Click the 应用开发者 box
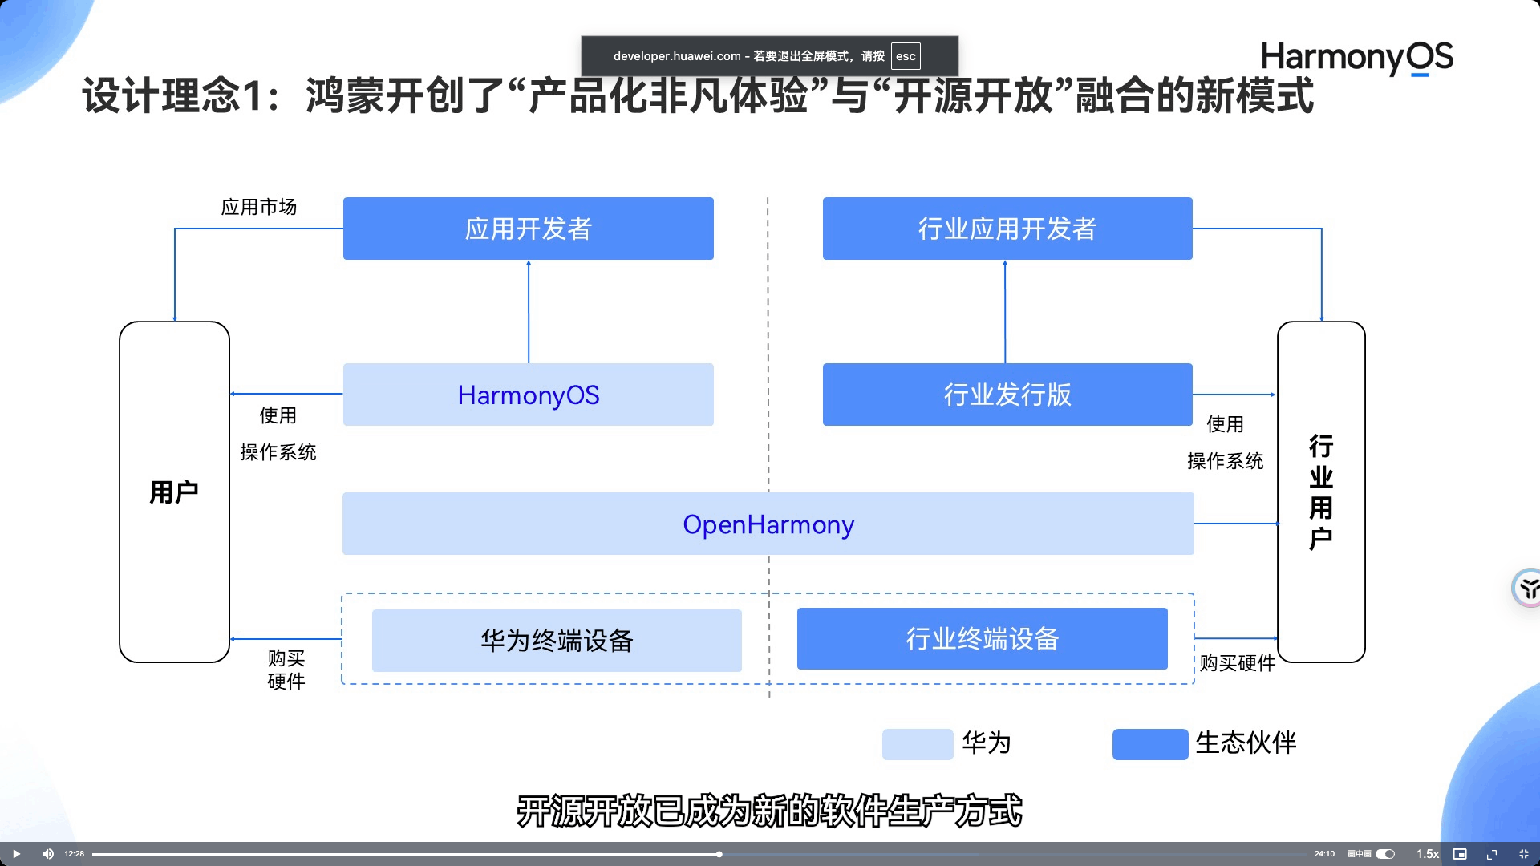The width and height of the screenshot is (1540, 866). point(528,229)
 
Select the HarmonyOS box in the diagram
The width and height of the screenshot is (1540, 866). point(528,395)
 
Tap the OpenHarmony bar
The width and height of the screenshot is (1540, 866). point(768,524)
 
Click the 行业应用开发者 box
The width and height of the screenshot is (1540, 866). point(1007,229)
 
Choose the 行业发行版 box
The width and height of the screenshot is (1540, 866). point(1007,395)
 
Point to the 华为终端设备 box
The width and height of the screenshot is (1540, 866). point(557,641)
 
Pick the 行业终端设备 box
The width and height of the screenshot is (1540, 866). point(982,639)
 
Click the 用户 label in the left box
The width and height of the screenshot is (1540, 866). point(174,492)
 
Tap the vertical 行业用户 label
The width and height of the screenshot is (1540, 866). point(1321,492)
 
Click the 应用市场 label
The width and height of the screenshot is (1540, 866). point(258,207)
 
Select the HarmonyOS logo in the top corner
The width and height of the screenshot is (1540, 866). point(1356,58)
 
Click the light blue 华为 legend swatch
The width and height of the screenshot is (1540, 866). point(917,744)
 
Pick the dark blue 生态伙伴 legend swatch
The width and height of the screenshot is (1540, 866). point(1149,744)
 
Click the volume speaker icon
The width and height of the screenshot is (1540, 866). point(47,854)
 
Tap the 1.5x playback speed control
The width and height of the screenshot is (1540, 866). point(1427,854)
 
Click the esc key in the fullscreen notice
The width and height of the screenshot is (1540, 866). point(906,56)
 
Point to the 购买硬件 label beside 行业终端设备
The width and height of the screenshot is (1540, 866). point(1237,663)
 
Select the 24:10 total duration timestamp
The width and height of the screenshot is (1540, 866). point(1324,854)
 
